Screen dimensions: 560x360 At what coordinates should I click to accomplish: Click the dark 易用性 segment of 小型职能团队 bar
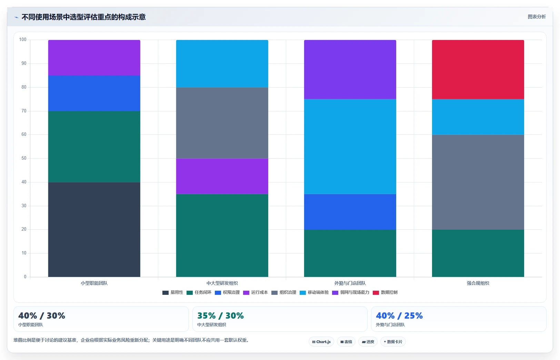94,230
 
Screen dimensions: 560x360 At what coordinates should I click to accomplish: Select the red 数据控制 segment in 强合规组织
478,70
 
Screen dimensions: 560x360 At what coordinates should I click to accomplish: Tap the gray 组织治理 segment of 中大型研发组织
222,123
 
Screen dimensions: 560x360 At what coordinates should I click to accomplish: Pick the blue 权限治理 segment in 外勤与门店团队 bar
350,212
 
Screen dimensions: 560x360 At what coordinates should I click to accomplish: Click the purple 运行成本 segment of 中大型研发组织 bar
222,176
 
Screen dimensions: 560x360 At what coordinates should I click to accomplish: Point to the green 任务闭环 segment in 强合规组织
478,253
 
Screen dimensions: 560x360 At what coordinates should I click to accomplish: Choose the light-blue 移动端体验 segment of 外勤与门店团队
350,147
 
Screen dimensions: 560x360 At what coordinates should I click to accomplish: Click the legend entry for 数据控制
385,292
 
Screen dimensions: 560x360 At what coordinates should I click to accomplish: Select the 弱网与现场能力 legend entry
350,292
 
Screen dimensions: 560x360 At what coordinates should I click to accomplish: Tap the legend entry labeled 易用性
173,292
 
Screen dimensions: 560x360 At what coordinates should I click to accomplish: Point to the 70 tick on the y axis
24,111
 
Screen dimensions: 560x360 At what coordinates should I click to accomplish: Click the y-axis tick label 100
23,40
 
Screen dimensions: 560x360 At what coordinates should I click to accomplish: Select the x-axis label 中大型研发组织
222,283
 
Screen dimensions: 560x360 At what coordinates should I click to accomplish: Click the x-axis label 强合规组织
478,283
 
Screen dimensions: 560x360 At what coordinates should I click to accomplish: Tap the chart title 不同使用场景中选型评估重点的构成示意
83,17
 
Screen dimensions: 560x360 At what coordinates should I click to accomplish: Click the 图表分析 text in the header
537,17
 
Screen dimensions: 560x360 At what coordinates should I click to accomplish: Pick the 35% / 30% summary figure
220,316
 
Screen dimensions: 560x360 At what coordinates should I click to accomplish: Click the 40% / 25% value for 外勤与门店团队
399,316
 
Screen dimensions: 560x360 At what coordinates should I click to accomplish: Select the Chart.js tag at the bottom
321,342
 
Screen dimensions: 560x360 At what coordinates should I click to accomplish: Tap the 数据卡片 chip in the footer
393,342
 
